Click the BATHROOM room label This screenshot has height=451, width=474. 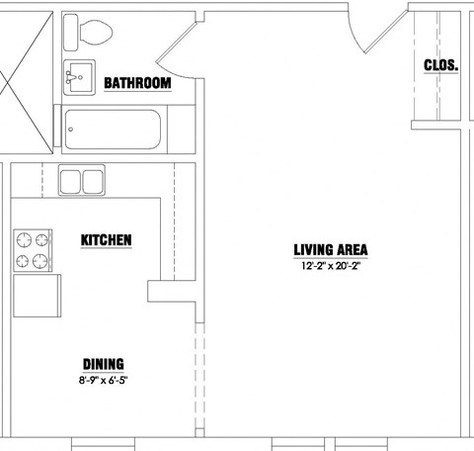pos(137,83)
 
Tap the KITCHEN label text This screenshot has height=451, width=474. pos(107,240)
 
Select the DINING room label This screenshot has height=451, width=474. pos(104,364)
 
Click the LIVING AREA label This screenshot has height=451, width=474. pos(331,250)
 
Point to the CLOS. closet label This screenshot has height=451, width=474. pos(441,65)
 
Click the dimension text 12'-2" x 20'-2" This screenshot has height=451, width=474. pos(331,266)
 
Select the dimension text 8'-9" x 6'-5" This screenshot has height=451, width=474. pos(103,380)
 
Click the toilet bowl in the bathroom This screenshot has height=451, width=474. pos(96,33)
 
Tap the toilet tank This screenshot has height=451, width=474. pos(70,33)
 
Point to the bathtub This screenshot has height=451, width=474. pos(113,130)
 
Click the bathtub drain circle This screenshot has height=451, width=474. pos(71,130)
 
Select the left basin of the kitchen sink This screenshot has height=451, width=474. pos(70,182)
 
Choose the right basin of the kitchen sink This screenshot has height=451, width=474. pos(93,182)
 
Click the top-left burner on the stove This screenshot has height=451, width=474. pos(24,239)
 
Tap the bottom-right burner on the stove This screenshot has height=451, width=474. pos(40,261)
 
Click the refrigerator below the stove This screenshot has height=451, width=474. pos(37,296)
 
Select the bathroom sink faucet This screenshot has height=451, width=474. pos(70,77)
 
